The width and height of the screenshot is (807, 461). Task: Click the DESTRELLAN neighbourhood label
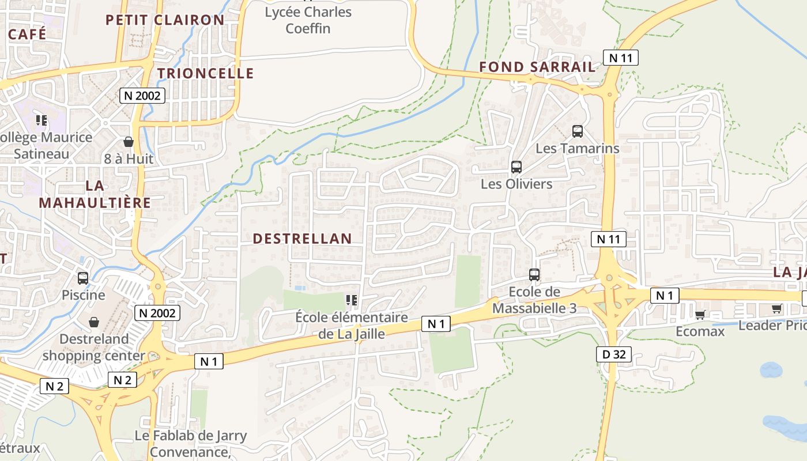point(302,239)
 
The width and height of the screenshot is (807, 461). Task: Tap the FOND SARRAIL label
point(537,67)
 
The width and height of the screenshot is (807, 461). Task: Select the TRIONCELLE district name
point(205,73)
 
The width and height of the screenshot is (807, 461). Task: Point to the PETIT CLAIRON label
point(165,20)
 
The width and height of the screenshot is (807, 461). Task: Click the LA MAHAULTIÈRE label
point(95,194)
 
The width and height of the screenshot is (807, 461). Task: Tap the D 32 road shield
point(614,354)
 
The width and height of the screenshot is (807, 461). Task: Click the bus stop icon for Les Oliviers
point(516,167)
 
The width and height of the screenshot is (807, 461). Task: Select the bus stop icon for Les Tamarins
point(578,131)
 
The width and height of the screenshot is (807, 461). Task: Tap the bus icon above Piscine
point(83,278)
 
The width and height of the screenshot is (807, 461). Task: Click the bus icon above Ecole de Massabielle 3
point(534,275)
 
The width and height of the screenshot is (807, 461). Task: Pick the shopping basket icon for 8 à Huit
point(129,142)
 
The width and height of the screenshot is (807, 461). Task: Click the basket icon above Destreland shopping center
point(94,322)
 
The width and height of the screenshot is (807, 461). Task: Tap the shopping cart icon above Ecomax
point(700,315)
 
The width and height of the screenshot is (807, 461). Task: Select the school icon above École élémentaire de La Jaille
point(351,300)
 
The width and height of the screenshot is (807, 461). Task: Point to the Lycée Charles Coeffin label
point(308,20)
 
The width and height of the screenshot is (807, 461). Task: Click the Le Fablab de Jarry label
point(190,436)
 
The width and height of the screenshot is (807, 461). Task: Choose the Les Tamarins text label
point(578,148)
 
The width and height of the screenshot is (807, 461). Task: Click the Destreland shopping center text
point(93,347)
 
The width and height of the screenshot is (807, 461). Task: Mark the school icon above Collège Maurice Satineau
point(42,120)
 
